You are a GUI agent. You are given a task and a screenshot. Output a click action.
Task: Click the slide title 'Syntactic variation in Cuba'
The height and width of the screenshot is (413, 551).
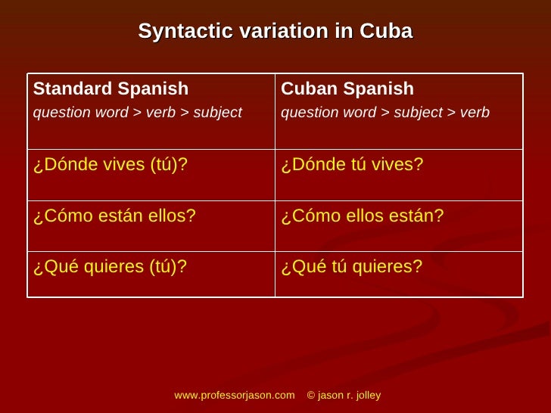click(275, 32)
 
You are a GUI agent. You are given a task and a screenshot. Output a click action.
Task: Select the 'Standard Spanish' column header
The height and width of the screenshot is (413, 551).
click(111, 89)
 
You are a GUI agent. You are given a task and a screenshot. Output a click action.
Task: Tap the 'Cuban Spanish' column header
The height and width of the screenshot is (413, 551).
click(347, 89)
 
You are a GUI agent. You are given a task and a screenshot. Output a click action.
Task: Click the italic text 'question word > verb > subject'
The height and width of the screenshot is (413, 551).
click(137, 113)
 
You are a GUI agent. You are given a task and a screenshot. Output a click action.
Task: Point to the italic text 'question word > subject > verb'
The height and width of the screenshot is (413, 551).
click(384, 113)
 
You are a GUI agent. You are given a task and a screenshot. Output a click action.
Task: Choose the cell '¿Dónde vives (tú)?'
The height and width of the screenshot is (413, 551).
click(110, 165)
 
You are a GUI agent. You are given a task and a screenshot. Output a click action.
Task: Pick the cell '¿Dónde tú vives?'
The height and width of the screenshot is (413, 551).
click(352, 165)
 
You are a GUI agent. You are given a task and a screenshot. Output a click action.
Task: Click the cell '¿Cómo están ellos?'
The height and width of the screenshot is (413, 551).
click(114, 216)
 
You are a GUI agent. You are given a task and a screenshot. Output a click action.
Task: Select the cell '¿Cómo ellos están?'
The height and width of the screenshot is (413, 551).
click(362, 216)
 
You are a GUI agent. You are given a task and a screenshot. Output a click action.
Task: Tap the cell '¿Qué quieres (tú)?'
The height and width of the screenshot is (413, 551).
click(110, 267)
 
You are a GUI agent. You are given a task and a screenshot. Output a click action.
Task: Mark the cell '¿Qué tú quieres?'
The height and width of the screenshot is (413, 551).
click(351, 267)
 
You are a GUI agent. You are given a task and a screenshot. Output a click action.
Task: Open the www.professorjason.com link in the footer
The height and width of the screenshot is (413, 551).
click(234, 396)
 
